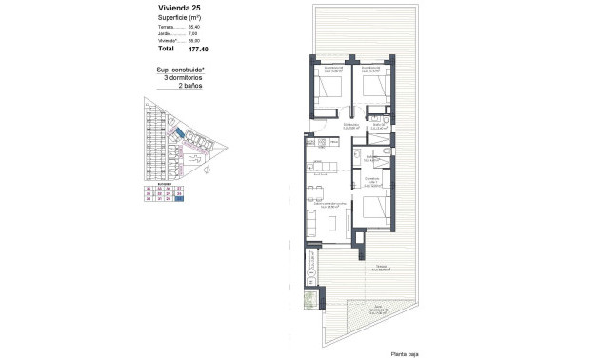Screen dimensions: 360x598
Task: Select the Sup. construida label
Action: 180,70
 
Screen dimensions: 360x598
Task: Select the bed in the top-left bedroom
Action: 332,88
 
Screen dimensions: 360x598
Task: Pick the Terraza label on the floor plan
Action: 379,266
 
